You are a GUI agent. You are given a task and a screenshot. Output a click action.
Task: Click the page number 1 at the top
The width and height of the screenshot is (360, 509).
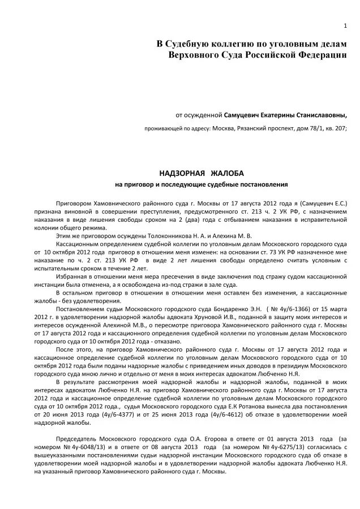(345, 26)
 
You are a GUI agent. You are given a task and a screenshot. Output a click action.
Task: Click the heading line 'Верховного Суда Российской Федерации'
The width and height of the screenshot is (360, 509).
(258, 55)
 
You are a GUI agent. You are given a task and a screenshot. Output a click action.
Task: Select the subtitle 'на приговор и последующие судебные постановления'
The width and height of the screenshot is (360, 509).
(202, 184)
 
